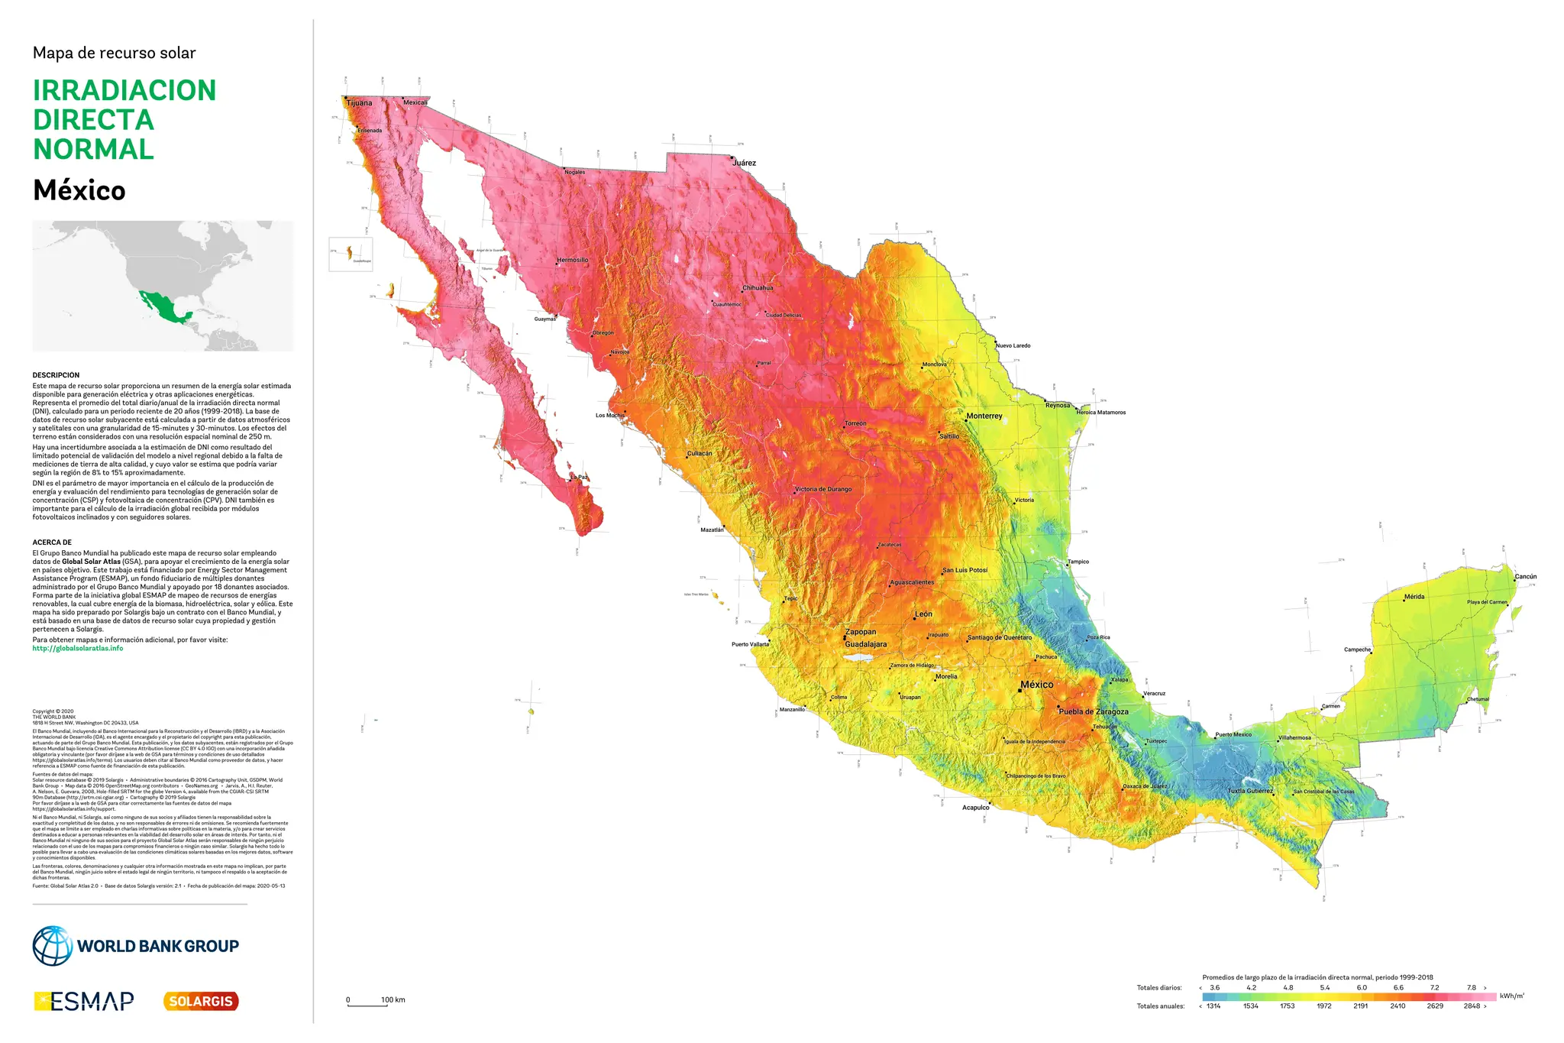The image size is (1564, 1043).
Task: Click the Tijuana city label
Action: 359,103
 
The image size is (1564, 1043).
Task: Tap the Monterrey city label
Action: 984,416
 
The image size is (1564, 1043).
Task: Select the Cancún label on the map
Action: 1525,577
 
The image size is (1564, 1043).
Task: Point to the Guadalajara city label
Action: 865,644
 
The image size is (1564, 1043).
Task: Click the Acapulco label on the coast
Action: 975,808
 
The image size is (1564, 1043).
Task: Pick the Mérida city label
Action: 1414,597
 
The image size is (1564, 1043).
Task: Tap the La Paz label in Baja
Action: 580,478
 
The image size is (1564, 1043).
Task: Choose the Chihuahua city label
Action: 758,288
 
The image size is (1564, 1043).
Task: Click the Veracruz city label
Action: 1154,694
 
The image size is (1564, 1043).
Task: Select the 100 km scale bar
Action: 368,1005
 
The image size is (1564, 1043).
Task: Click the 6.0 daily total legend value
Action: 1362,988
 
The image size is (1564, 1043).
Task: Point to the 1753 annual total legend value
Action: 1288,1006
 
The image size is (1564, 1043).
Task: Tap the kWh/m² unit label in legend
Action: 1512,996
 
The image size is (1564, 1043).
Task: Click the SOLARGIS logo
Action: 201,1001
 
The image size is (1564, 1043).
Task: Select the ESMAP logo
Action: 84,1001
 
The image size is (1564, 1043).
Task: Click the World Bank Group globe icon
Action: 52,946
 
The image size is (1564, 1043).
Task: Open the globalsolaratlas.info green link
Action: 77,649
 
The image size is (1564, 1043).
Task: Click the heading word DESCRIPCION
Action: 56,375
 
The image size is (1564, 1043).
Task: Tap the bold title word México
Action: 79,190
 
